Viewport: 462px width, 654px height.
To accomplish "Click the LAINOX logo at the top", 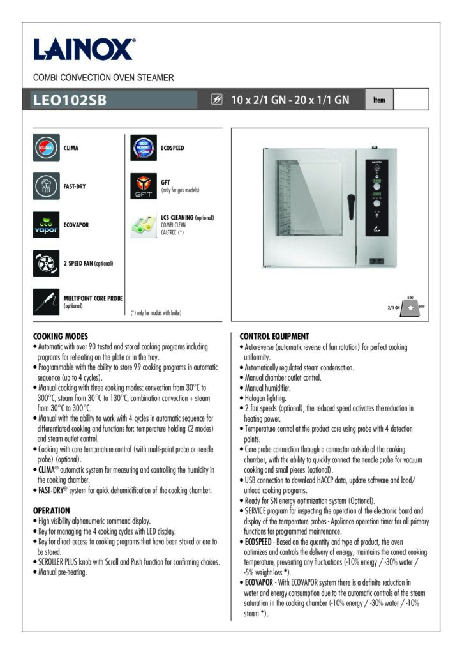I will (x=84, y=49).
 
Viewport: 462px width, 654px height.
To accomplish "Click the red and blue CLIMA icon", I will (x=46, y=148).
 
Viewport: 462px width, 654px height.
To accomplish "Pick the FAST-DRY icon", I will (x=46, y=186).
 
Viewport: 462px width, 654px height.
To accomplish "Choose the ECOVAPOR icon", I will (x=46, y=224).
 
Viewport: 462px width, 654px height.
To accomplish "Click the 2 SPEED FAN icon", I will (x=46, y=263).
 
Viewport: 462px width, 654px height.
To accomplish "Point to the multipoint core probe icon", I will (x=46, y=301).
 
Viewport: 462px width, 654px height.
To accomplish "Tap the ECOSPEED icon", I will (x=144, y=148).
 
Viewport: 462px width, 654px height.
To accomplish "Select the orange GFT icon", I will (x=144, y=186).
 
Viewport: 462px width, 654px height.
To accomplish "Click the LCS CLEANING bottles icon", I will (x=144, y=225).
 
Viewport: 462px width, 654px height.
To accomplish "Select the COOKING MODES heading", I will (x=60, y=337).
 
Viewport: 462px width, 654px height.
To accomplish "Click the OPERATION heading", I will (x=51, y=510).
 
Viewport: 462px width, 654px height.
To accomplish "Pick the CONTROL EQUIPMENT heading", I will (x=274, y=337).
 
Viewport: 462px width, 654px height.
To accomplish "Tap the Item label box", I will (x=379, y=100).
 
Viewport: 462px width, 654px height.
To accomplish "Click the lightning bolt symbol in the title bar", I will (x=217, y=100).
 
